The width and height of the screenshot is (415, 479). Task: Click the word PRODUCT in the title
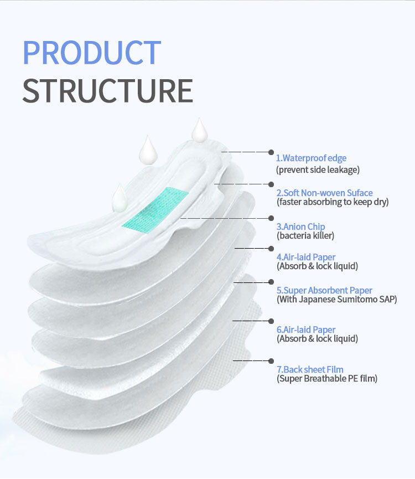coord(92,53)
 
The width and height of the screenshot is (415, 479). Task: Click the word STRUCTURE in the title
coord(108,91)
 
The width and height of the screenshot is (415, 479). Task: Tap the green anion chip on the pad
coord(155,210)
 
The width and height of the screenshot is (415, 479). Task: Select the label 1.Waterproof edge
coord(311,158)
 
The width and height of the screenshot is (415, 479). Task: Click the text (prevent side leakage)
coord(318,169)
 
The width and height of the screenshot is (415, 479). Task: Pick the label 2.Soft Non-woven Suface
coord(325,193)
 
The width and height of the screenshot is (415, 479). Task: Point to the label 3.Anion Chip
coord(300,226)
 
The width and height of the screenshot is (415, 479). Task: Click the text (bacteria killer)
coord(305,235)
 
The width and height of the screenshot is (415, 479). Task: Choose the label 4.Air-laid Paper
coord(306,257)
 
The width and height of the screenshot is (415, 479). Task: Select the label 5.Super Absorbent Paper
coord(324,290)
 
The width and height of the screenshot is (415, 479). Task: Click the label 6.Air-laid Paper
coord(306,329)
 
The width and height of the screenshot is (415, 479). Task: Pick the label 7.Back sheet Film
coord(310,370)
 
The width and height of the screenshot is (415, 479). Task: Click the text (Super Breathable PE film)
coord(327,379)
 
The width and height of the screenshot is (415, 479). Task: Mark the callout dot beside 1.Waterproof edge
coord(271,152)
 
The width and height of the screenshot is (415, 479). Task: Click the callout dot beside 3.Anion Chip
coord(271,218)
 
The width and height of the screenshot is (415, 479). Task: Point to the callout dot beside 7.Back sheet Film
coord(271,361)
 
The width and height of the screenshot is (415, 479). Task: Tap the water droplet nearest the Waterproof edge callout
coord(200,131)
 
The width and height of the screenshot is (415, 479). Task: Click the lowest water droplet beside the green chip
coord(120,199)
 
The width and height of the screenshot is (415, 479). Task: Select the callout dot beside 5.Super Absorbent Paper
coord(271,282)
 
